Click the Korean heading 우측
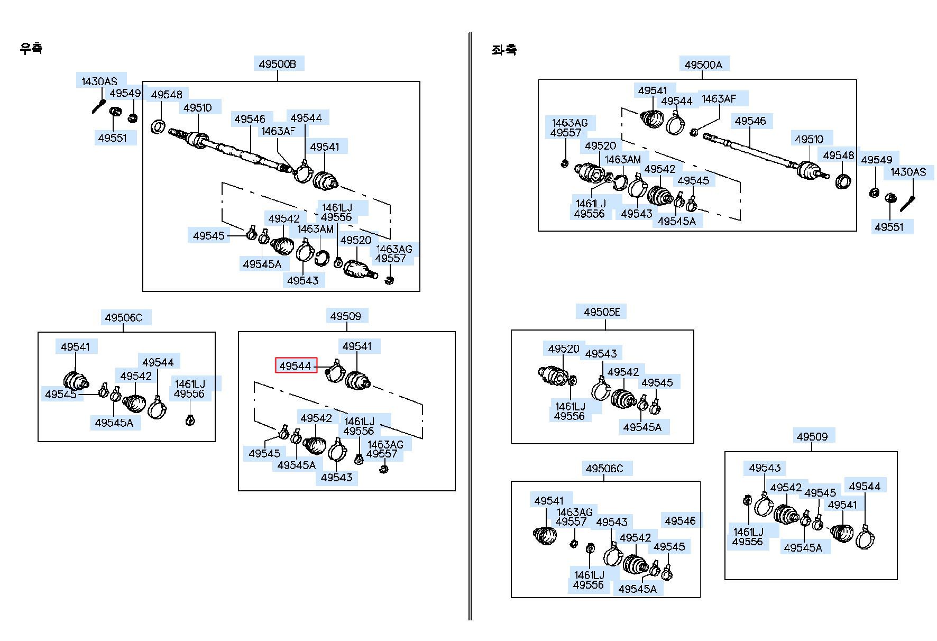click(31, 48)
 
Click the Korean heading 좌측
click(504, 50)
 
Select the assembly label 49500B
click(278, 64)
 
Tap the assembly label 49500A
click(703, 65)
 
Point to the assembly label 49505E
click(602, 312)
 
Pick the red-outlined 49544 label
click(296, 365)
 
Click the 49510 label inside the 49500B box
click(198, 107)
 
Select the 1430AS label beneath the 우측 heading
click(99, 81)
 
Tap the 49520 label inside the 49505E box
click(564, 349)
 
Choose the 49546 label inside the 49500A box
click(750, 121)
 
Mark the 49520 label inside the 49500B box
click(356, 240)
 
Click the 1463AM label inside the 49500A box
click(623, 159)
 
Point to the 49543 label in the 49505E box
click(601, 353)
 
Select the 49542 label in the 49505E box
click(623, 372)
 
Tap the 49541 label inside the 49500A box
click(653, 90)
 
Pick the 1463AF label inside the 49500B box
click(278, 131)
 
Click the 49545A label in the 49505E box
click(642, 427)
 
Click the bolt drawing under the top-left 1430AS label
click(99, 106)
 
